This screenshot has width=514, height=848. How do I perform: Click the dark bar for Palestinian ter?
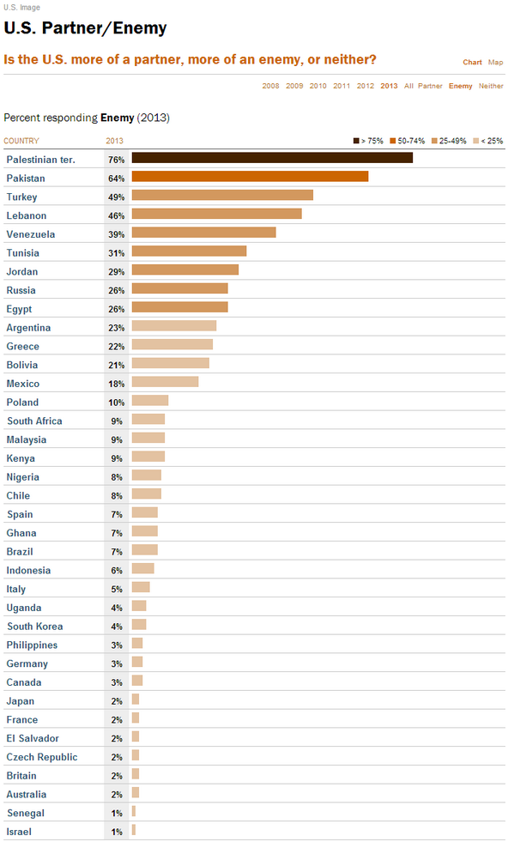pos(272,158)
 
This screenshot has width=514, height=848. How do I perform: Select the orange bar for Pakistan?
pos(250,177)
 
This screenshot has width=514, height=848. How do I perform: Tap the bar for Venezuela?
pos(203,233)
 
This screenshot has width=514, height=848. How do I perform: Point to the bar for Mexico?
pos(165,382)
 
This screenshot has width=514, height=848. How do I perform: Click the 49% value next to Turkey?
pos(116,197)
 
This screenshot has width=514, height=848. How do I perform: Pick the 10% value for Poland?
pos(116,402)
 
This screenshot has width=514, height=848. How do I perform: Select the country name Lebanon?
pos(27,215)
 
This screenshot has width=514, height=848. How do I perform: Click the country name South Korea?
pos(34,627)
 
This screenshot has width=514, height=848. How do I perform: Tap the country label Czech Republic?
pos(42,757)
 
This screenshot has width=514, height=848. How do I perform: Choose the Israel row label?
pos(19,832)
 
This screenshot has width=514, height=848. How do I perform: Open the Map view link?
pos(496,62)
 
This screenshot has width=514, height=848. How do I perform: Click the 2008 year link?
pos(270,86)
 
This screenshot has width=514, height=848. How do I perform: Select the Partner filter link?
pos(431,86)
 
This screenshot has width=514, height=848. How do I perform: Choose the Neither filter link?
pos(492,86)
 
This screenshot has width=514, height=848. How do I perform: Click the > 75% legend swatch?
pos(356,141)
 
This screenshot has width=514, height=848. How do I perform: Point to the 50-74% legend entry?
pos(408,141)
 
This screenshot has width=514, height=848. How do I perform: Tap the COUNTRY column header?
pos(21,141)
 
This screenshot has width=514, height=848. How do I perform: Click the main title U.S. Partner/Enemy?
pos(85,28)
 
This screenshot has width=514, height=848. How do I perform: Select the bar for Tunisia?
pos(189,251)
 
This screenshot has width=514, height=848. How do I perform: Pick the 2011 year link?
pos(342,86)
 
